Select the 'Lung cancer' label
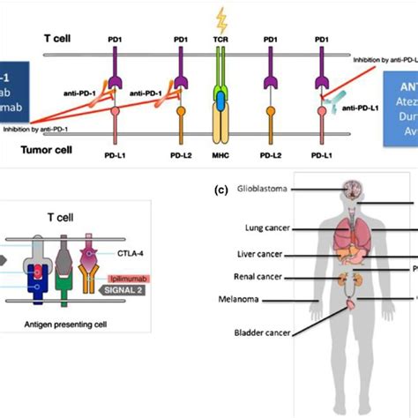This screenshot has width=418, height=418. [x=268, y=227]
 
